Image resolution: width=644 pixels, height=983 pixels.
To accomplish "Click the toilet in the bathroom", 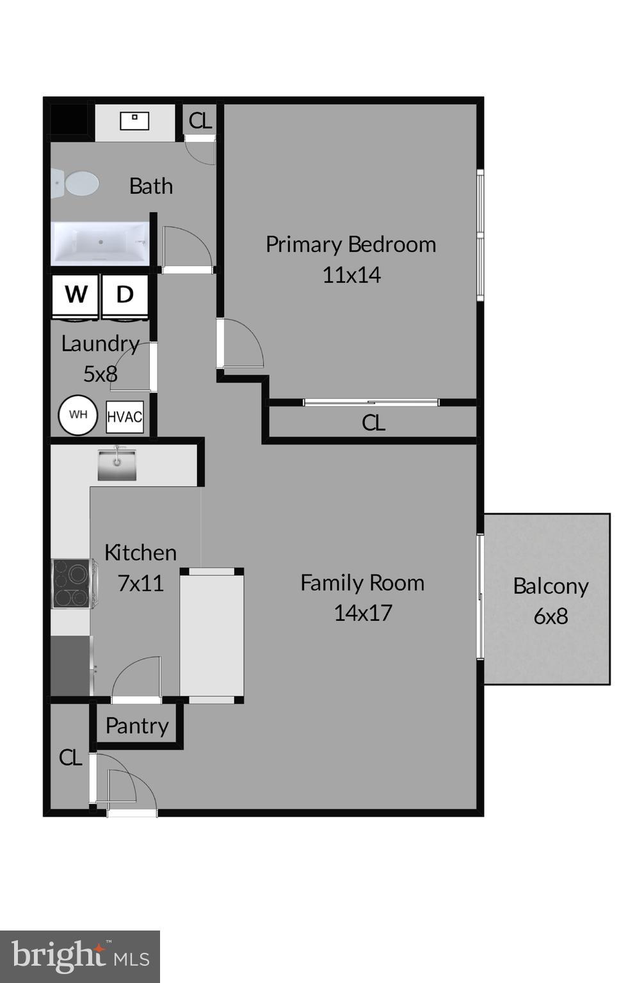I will [x=77, y=184].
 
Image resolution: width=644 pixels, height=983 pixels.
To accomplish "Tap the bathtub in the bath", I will [x=101, y=243].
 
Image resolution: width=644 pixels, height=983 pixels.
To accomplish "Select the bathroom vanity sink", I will [x=134, y=120].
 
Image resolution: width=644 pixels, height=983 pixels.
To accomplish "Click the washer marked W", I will [x=76, y=295].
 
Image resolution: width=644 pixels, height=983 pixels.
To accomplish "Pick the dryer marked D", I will [x=125, y=295].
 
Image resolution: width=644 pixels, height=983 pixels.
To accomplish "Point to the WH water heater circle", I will [x=78, y=415].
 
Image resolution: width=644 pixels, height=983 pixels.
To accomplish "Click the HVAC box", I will [x=124, y=417].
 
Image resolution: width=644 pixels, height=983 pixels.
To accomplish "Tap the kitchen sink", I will [x=117, y=464].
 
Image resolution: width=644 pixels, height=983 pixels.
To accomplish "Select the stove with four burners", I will [x=71, y=583].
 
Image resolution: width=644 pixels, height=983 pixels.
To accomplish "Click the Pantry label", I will [x=137, y=726].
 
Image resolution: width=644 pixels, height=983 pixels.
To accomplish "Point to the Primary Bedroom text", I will [x=351, y=244].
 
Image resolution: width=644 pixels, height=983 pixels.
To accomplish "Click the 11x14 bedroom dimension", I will [x=351, y=275].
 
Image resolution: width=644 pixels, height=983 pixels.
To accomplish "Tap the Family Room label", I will [x=362, y=583].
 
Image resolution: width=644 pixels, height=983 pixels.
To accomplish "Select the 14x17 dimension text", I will [x=362, y=613].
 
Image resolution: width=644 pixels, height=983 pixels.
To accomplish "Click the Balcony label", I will [x=551, y=586].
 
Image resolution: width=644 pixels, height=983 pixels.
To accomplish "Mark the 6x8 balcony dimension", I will [x=551, y=616].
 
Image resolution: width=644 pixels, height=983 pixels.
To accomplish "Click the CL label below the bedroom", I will [x=373, y=422].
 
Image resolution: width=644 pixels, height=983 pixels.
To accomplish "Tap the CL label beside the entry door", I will [x=70, y=758].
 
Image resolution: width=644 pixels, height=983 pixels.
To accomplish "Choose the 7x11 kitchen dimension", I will [x=141, y=583].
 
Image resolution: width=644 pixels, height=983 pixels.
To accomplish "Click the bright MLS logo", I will [x=80, y=957].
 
